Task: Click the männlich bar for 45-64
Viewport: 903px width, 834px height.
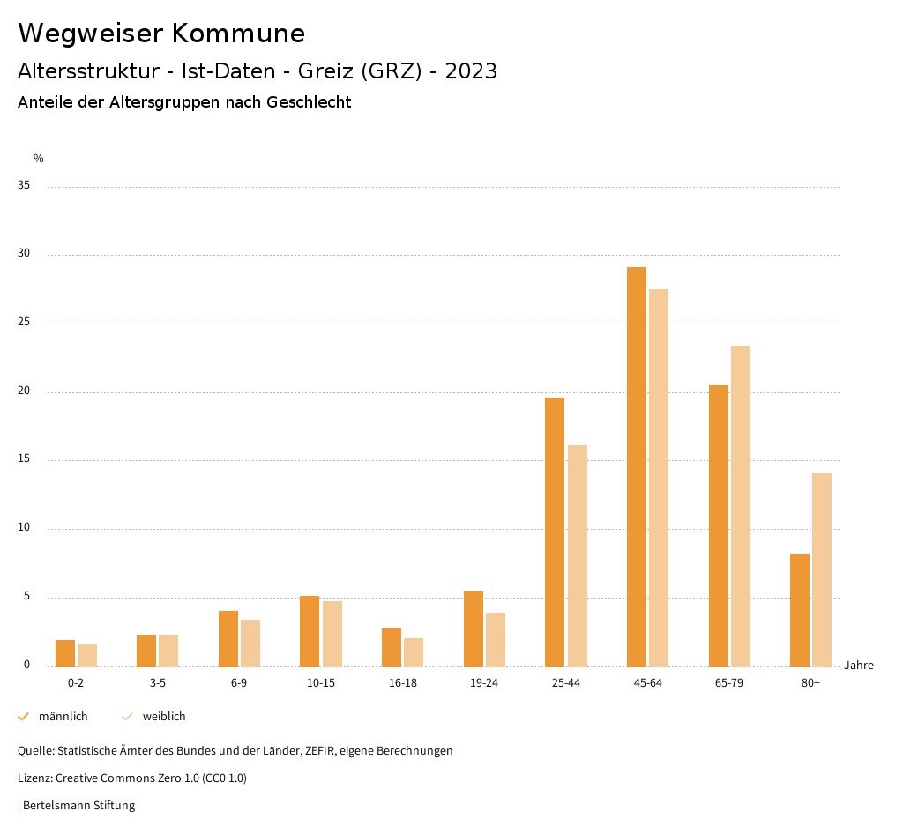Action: coord(637,466)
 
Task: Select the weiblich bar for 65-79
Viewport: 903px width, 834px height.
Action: coord(741,506)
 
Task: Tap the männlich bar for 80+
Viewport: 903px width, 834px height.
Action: coord(800,610)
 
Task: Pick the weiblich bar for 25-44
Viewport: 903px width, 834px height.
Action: coord(578,555)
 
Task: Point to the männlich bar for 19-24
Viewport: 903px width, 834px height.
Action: coord(474,629)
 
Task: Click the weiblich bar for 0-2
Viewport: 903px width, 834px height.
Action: coord(87,655)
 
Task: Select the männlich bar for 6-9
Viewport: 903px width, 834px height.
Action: coord(228,638)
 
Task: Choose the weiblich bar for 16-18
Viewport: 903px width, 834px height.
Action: coord(414,652)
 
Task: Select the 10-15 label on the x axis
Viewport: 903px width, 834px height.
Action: coord(321,683)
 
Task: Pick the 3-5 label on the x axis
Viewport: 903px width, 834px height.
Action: coord(158,683)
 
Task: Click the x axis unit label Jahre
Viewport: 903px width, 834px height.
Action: coord(859,666)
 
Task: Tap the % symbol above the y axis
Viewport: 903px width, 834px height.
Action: coord(39,159)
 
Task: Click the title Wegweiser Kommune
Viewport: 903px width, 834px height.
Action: coord(161,34)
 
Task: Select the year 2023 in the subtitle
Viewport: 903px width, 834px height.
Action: coord(471,71)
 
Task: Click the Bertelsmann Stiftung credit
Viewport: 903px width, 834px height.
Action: coord(78,806)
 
